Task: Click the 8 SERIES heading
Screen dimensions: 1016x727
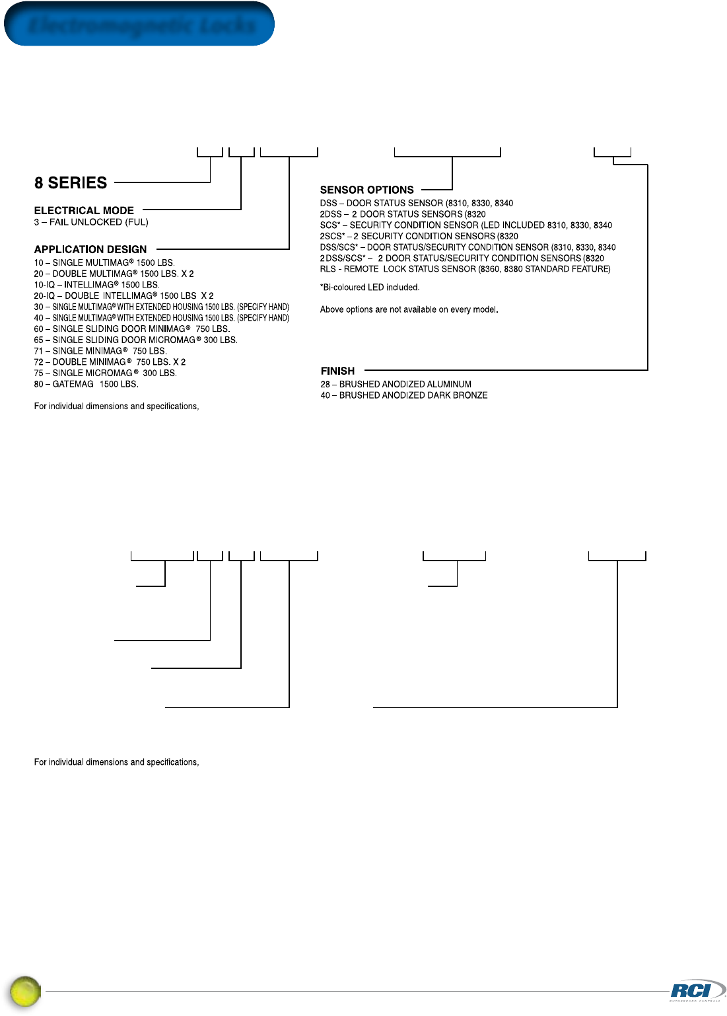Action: [71, 183]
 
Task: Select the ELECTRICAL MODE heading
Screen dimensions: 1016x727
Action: [84, 211]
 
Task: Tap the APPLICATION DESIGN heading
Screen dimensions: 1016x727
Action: [90, 250]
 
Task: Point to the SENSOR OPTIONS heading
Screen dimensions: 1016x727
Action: [366, 190]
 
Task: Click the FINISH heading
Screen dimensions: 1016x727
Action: [337, 371]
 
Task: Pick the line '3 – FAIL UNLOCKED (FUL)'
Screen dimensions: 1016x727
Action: [91, 222]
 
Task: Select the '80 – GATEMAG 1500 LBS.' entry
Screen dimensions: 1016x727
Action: [86, 384]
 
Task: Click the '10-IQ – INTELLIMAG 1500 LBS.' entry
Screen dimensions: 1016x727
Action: [96, 285]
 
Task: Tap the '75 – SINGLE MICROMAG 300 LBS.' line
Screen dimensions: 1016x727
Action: [105, 373]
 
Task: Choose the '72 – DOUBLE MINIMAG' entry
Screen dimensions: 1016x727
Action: [110, 362]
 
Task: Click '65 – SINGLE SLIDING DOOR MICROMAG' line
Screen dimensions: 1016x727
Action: [135, 340]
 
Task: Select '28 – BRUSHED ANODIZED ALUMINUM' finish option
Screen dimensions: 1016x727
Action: [396, 384]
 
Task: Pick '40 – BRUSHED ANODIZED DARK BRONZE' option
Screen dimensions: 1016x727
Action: [403, 395]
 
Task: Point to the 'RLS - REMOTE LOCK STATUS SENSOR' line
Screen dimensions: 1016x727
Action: [465, 269]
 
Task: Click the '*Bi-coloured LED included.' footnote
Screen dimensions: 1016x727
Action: [369, 288]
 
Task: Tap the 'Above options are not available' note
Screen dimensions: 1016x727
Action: [409, 309]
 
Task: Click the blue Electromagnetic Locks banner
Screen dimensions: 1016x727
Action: [139, 24]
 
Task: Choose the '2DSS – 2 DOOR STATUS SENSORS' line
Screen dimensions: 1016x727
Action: [403, 214]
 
